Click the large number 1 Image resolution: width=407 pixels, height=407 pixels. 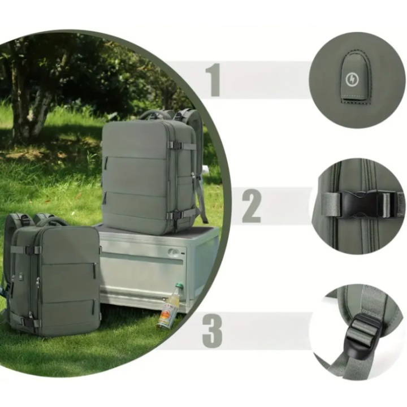pos(214,80)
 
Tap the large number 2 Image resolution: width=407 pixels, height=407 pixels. pos(252,206)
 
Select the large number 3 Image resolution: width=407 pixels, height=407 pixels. pos(213,331)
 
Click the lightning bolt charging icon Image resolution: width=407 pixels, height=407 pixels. pos(352,80)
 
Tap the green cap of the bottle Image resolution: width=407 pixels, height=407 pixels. pos(179,286)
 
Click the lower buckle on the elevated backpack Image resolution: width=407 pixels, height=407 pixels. pos(175,215)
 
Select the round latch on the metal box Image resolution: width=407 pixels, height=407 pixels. pos(174,252)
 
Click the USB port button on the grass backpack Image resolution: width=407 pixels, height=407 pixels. pos(20,277)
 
